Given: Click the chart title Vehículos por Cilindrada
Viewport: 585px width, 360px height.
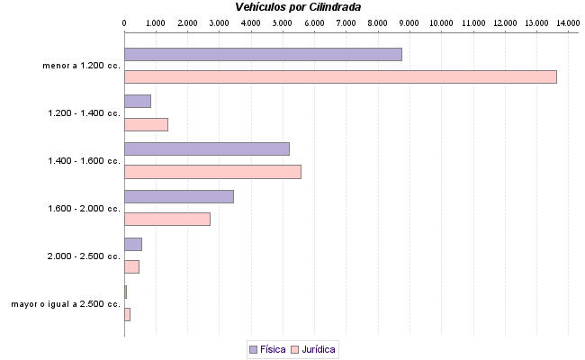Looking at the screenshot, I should pos(298,7).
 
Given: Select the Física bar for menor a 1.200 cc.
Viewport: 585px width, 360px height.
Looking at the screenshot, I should pos(263,54).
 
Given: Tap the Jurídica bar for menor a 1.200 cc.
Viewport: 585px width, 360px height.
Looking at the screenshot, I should pos(340,76).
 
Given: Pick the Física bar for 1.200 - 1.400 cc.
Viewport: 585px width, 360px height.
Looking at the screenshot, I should pos(137,102).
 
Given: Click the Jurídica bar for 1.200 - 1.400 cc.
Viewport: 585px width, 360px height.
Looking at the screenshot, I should pos(146,124).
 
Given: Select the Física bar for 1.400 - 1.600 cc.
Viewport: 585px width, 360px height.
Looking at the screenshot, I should pos(206,148).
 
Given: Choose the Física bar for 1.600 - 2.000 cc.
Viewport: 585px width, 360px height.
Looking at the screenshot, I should pos(178,196).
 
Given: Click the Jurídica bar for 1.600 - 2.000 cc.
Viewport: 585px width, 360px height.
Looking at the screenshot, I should pos(166,219).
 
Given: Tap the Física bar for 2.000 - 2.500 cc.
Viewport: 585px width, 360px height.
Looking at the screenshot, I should pos(132,244).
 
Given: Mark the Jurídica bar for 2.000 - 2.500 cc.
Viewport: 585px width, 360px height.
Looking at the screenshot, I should pos(131,266).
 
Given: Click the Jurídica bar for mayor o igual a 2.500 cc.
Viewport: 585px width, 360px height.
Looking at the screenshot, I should pos(127,314).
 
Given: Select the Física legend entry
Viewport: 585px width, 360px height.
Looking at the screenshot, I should pos(267,349).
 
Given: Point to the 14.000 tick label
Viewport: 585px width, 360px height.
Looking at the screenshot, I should pos(567,21).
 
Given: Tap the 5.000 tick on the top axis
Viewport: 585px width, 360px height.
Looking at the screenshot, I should pos(282,21).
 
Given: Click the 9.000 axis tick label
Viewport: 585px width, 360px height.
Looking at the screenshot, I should pos(409,21).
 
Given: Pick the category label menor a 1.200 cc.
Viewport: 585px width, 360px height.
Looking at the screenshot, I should pos(82,66).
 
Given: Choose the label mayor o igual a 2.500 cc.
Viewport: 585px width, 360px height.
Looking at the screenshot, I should pos(66,304).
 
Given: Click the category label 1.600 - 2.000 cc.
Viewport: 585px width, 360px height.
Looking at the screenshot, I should pos(84,209).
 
